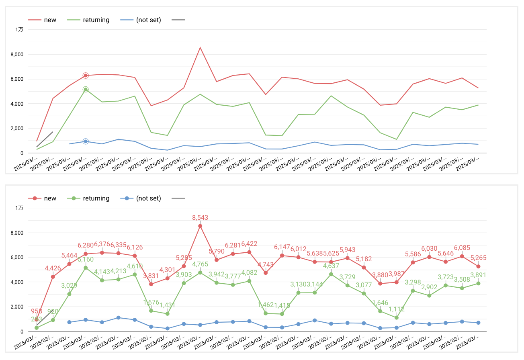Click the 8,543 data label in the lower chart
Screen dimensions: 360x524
(x=200, y=217)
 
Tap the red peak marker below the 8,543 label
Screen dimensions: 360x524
(x=200, y=226)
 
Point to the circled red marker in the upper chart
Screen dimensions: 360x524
(x=86, y=76)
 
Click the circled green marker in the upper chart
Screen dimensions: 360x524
(x=86, y=90)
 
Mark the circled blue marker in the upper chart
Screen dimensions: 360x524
(x=86, y=141)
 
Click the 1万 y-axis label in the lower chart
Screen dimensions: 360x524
(x=20, y=208)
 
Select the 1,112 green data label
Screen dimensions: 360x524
(x=397, y=309)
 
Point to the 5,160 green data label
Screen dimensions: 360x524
(x=86, y=259)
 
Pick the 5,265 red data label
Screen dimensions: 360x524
(x=478, y=258)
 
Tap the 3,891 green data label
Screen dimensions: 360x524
(x=478, y=275)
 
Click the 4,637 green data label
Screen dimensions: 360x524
(x=331, y=266)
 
